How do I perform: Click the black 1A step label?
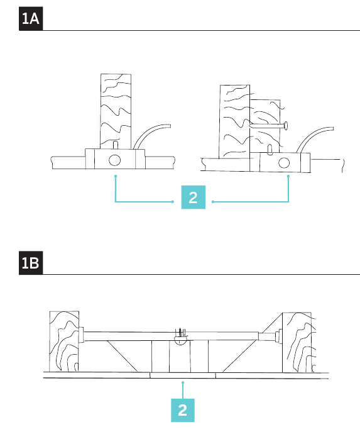pos(31,19)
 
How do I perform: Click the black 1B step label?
pos(31,263)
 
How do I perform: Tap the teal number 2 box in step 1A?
pos(194,197)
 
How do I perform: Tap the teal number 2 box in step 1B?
pos(183,410)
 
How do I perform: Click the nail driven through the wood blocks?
pos(268,125)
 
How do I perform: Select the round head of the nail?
pos(286,125)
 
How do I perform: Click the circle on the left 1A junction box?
pos(114,160)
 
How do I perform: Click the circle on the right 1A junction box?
pos(284,163)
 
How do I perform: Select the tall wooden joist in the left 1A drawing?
pos(116,111)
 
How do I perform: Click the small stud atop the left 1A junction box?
pos(116,145)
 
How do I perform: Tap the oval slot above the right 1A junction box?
pos(270,150)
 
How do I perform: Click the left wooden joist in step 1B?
pos(64,341)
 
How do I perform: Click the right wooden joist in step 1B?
pos(299,343)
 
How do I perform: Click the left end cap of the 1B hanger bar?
pos(81,335)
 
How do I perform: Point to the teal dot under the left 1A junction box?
pos(116,176)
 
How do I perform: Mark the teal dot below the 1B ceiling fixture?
pos(183,382)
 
